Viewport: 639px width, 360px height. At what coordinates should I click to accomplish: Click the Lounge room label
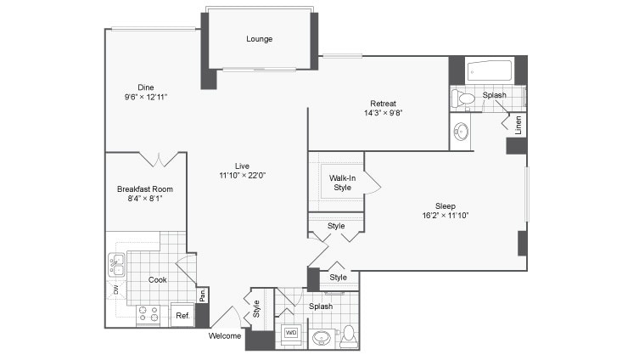[x=259, y=39]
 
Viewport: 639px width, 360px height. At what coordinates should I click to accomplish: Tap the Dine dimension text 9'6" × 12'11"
[x=146, y=97]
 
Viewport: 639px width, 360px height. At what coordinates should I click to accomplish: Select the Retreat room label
[x=383, y=104]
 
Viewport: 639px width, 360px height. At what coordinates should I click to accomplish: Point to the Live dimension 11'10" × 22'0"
[x=242, y=175]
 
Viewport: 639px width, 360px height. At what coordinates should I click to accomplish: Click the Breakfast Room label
[x=145, y=189]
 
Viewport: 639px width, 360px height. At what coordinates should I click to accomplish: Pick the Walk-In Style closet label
[x=342, y=183]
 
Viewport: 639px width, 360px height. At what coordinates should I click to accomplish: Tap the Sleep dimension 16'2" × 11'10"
[x=446, y=216]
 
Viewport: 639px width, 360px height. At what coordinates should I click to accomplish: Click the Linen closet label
[x=518, y=125]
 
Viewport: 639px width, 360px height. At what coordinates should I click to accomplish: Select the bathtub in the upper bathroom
[x=489, y=71]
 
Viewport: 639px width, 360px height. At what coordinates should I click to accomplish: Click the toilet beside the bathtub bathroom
[x=463, y=98]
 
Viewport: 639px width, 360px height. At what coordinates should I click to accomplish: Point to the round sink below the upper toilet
[x=462, y=132]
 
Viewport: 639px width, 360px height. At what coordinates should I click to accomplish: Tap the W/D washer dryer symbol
[x=291, y=333]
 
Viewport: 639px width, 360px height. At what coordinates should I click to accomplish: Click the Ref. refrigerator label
[x=182, y=316]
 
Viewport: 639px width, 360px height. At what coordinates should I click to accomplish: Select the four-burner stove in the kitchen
[x=149, y=314]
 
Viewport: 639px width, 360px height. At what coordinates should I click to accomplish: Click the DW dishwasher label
[x=115, y=290]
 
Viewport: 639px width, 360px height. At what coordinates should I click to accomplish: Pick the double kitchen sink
[x=116, y=265]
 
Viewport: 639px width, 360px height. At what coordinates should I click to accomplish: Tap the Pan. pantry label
[x=203, y=295]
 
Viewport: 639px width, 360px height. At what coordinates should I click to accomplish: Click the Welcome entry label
[x=225, y=336]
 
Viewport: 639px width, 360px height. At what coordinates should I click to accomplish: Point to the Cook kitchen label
[x=157, y=279]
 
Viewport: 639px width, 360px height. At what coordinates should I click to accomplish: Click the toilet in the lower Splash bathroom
[x=349, y=336]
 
